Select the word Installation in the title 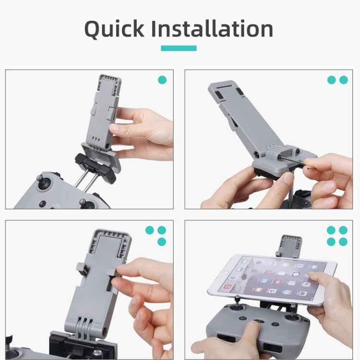point(212,29)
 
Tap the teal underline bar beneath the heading point(179,48)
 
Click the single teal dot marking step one point(162,80)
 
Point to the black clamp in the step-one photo point(96,166)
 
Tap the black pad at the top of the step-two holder point(218,95)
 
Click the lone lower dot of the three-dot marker point(162,241)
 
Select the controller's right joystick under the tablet point(291,307)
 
